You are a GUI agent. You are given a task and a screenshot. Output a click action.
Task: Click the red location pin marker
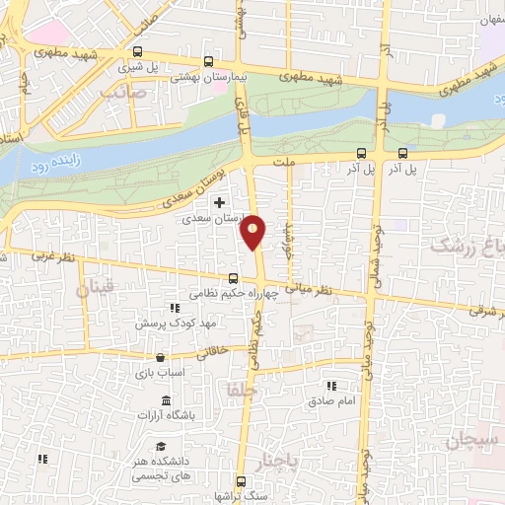(x=253, y=232)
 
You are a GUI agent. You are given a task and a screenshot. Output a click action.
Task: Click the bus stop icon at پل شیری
(x=137, y=53)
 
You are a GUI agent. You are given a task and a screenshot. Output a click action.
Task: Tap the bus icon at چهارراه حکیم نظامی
(x=234, y=278)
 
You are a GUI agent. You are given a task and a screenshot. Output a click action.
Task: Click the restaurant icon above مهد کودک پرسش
(x=175, y=308)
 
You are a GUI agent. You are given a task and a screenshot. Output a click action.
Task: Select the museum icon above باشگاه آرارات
(x=165, y=400)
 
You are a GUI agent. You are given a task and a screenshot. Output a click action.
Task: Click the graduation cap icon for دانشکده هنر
(x=159, y=445)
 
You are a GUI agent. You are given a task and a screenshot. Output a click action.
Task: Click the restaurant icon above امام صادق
(x=331, y=386)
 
